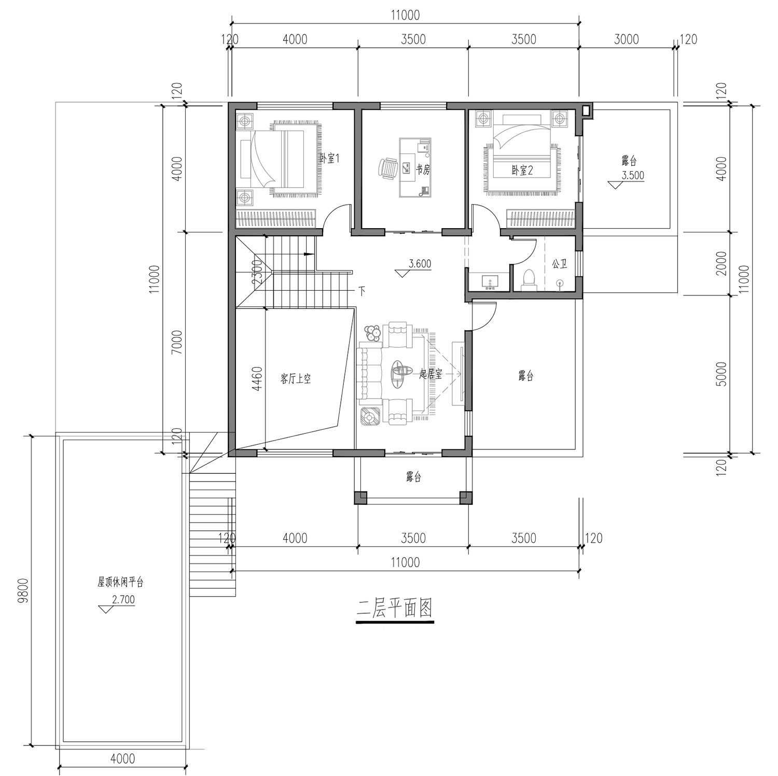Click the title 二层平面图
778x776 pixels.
[395, 609]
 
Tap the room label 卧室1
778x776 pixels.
[329, 159]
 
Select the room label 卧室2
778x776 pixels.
[522, 170]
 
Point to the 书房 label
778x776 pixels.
[423, 170]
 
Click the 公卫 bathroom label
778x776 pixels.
[559, 264]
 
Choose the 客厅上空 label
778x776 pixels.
[296, 379]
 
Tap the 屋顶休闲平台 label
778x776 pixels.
[120, 582]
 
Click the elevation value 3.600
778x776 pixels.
[420, 264]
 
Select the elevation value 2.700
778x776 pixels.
[123, 600]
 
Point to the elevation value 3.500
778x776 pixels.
[633, 175]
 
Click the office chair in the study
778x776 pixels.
[387, 169]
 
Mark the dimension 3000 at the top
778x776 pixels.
[627, 39]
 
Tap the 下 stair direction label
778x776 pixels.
[362, 290]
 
